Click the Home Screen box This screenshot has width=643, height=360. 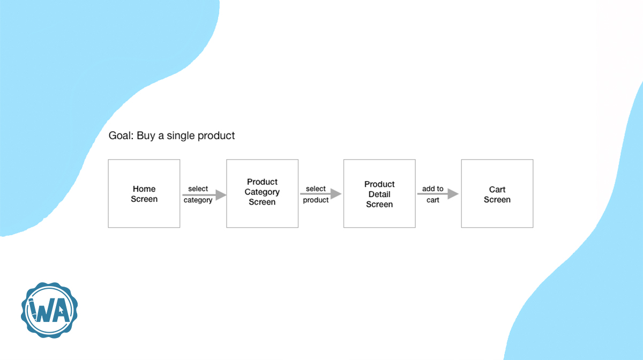(144, 193)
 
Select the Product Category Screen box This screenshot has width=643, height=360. (262, 193)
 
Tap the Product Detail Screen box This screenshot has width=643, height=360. (379, 193)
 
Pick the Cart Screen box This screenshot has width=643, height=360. (497, 193)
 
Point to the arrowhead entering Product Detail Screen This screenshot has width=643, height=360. (337, 194)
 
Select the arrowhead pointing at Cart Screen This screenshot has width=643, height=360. (453, 194)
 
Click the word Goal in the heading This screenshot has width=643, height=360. (120, 136)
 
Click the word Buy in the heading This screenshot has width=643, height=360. (146, 136)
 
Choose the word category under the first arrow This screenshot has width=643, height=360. (198, 200)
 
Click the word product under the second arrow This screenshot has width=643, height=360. (316, 200)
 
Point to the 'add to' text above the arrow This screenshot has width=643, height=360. (432, 189)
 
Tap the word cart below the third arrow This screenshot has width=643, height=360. (433, 200)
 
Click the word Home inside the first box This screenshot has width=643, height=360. (144, 189)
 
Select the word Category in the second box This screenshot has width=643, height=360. (262, 192)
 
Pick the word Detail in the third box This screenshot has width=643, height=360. (379, 194)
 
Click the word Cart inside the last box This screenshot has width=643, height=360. (497, 190)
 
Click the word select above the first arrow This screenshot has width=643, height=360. (198, 189)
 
